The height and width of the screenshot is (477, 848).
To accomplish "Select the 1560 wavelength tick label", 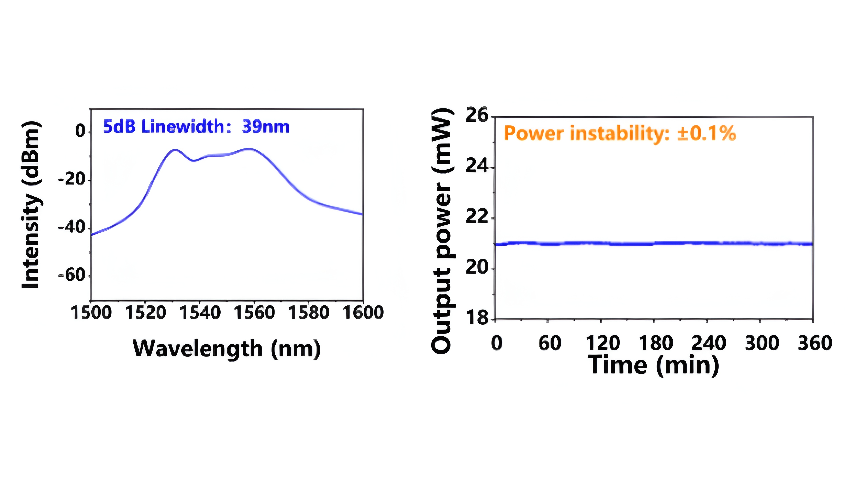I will tap(254, 312).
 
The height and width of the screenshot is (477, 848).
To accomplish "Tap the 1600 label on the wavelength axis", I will tap(363, 312).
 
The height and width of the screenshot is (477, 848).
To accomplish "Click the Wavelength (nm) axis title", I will tap(227, 349).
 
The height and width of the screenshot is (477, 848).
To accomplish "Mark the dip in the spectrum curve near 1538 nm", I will tap(194, 161).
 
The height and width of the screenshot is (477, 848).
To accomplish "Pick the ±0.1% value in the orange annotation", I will tap(706, 133).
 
